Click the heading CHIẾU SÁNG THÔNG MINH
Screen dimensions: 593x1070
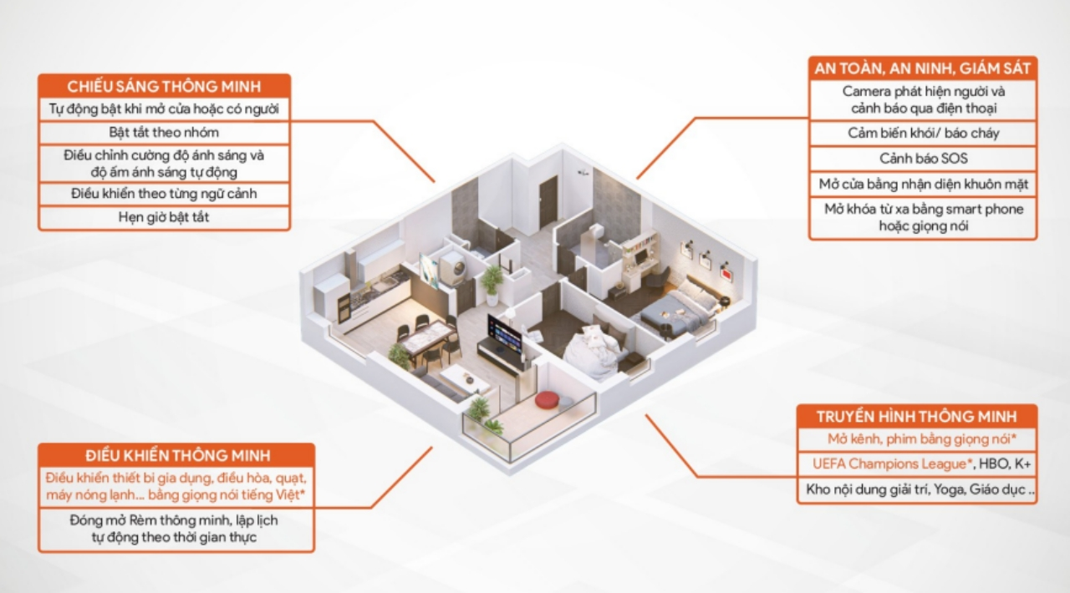tap(164, 87)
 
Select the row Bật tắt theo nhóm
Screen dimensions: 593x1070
tap(164, 132)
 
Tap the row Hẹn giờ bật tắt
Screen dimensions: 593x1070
tap(164, 217)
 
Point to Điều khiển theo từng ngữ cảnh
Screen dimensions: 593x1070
tap(164, 194)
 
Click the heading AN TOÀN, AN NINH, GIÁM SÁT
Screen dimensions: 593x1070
tap(922, 68)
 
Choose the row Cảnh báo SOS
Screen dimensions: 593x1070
tap(923, 158)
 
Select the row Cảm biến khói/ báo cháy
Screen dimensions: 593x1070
tap(923, 133)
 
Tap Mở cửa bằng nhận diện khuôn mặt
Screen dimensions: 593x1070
tap(923, 184)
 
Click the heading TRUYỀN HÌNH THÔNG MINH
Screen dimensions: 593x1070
tap(916, 416)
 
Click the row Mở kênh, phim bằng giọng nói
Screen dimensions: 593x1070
tap(916, 438)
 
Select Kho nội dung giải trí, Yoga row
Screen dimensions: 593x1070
tap(916, 490)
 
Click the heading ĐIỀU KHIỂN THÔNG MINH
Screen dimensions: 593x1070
tap(176, 455)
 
